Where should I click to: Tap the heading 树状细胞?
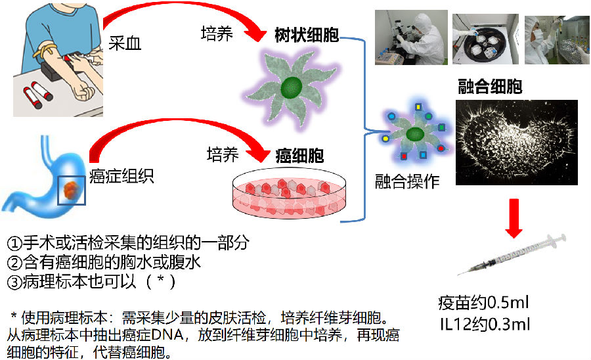pos(307,35)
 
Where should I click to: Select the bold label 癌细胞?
pos(299,156)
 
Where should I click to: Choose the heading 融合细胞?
pos(490,87)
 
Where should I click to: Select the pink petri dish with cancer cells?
pos(288,196)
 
